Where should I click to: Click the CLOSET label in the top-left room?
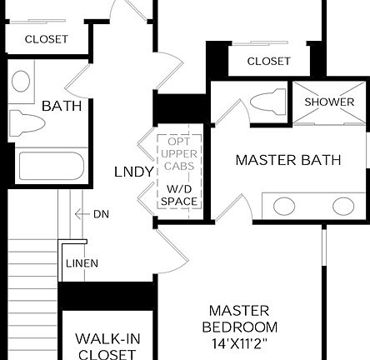point(46,39)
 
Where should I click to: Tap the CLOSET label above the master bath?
point(268,61)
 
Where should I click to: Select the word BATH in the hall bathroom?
point(62,106)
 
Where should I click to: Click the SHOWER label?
point(329,102)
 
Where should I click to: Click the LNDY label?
point(133,172)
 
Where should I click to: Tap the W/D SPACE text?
point(179,195)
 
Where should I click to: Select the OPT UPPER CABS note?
point(179,154)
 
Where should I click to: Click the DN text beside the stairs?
point(101,214)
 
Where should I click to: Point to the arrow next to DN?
point(82,214)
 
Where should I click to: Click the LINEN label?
point(82,263)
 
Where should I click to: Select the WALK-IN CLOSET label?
point(106,346)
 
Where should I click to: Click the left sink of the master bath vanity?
point(284,206)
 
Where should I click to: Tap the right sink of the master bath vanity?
point(342,206)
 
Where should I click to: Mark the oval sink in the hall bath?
point(21,81)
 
